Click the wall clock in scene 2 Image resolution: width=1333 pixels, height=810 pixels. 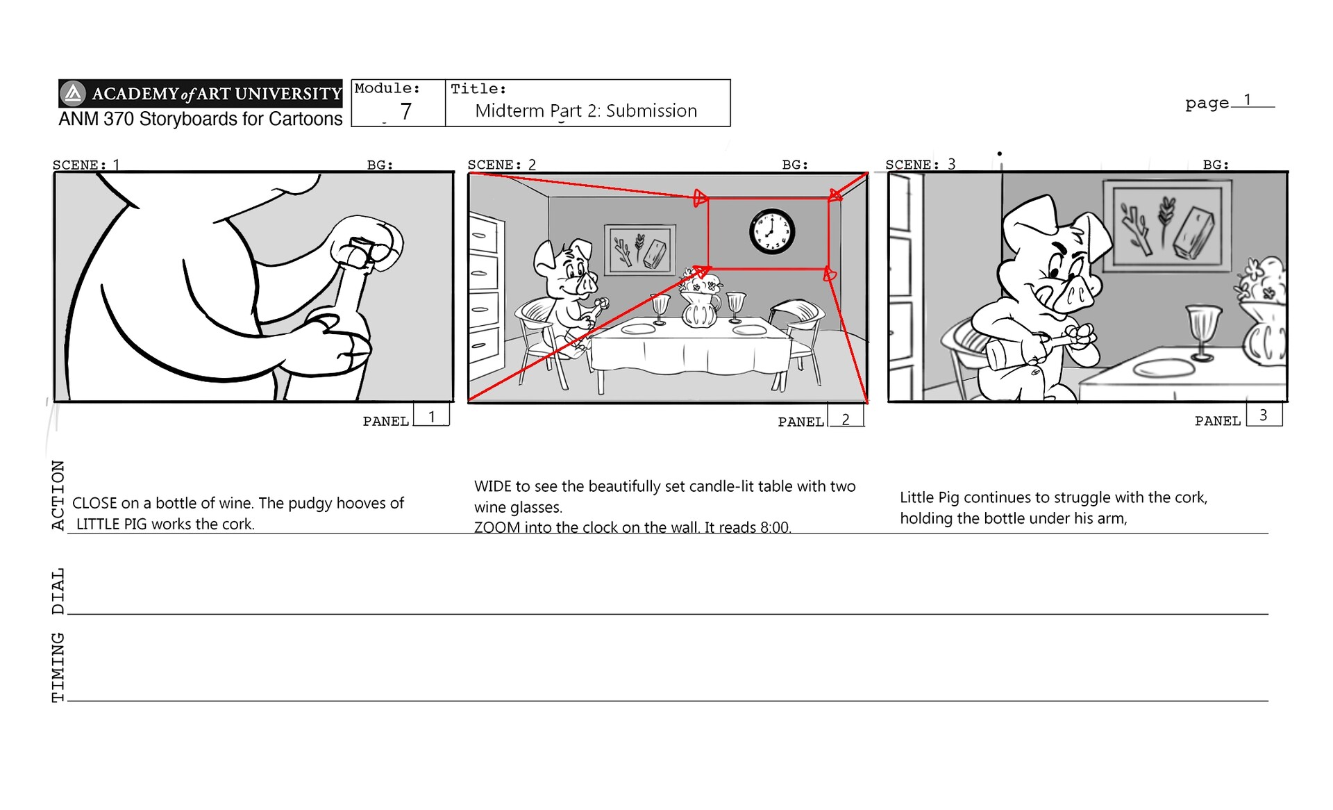771,231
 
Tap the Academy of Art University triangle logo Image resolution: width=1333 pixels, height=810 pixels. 73,93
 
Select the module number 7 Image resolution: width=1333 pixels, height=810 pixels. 406,111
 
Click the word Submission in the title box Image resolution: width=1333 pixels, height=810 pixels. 651,111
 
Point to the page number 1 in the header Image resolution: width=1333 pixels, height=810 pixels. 1248,100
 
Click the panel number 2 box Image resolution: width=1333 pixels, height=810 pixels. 846,419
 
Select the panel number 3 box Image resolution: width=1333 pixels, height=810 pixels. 1264,415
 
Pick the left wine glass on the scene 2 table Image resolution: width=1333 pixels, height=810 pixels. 660,307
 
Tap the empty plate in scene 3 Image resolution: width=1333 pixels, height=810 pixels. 1164,367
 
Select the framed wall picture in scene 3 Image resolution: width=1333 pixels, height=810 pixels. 1168,224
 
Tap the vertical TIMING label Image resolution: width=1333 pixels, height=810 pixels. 58,667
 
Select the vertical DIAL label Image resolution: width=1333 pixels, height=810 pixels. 58,591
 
